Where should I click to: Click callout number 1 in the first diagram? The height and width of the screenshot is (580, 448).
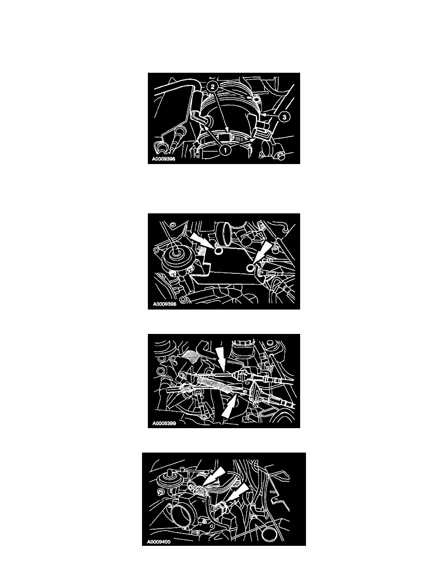[225, 150]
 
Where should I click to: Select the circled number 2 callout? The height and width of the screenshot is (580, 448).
[212, 86]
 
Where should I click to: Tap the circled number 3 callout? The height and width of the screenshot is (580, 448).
[284, 117]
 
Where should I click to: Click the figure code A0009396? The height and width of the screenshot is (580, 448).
[164, 160]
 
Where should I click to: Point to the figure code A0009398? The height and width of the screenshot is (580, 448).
[164, 305]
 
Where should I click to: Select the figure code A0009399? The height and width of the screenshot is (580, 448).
[164, 424]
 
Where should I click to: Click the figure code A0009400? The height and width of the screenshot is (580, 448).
[159, 542]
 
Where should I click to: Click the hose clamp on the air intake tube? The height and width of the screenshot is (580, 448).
[233, 139]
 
